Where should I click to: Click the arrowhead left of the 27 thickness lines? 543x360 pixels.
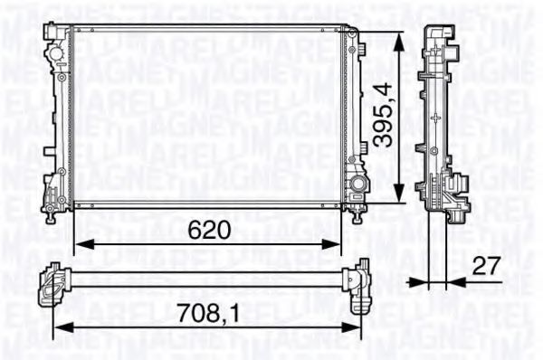pyautogui.click(x=419, y=281)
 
